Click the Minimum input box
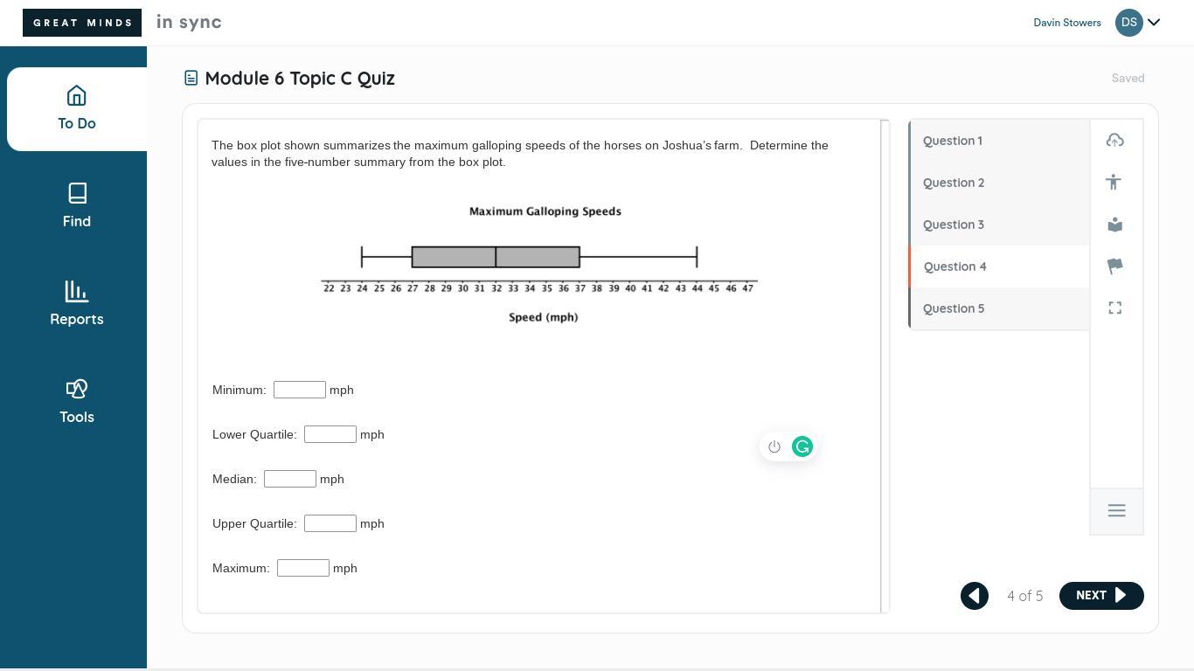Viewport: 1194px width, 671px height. (x=300, y=390)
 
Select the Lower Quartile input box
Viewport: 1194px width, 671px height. (x=330, y=434)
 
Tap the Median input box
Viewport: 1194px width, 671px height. (x=290, y=479)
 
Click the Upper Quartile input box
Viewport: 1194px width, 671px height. (x=330, y=523)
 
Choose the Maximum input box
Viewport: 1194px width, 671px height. (x=302, y=568)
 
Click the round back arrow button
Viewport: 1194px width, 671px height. (x=975, y=595)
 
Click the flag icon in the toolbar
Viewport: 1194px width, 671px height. (x=1114, y=266)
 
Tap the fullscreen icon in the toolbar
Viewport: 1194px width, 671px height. (x=1114, y=308)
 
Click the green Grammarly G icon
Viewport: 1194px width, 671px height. (x=802, y=446)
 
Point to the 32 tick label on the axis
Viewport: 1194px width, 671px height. (x=496, y=288)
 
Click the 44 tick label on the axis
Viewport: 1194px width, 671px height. (x=698, y=288)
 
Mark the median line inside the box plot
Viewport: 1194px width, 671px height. (x=496, y=257)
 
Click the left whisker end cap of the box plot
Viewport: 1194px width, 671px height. (x=362, y=257)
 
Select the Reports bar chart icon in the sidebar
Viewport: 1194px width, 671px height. (x=77, y=292)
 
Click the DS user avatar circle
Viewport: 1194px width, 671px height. (x=1129, y=23)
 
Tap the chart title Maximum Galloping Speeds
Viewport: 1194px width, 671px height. (x=545, y=211)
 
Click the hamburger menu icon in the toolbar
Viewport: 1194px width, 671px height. (x=1117, y=510)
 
